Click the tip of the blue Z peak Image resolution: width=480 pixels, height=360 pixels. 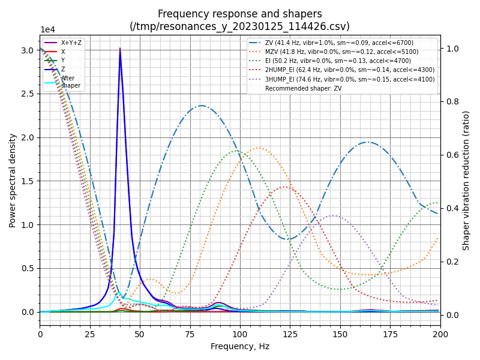(x=120, y=49)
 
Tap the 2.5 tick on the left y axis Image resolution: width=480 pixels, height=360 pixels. (x=28, y=94)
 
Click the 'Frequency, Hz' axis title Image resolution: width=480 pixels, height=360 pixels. (x=240, y=346)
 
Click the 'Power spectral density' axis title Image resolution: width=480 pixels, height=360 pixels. (x=13, y=180)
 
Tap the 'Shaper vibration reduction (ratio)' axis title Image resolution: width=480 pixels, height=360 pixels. (x=466, y=180)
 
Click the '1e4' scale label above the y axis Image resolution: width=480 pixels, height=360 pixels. (x=48, y=30)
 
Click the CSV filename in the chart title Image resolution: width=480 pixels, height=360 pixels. (x=240, y=26)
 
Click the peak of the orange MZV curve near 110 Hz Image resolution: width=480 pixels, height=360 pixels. (x=259, y=148)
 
